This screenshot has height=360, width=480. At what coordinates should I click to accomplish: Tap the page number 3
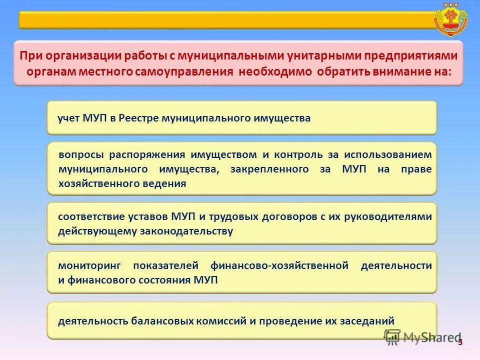point(460,342)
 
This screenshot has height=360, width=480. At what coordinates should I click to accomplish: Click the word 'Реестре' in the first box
point(139,118)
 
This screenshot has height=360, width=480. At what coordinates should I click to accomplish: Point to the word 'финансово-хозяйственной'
point(279,265)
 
